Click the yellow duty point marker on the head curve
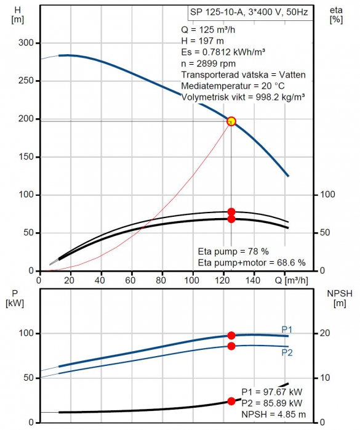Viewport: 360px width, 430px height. click(231, 121)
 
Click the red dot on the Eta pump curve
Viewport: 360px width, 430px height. click(231, 212)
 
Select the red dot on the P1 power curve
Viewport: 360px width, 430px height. click(231, 335)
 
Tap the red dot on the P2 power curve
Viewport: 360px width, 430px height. click(231, 346)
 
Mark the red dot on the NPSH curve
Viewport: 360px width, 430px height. click(231, 401)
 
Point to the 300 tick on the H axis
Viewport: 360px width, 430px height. click(26, 43)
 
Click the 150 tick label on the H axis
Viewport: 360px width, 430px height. click(26, 157)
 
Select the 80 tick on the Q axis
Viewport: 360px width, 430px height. click(161, 280)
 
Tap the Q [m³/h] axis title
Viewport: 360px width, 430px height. click(291, 280)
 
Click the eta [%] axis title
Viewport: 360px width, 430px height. click(336, 15)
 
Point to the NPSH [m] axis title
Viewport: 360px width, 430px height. click(340, 298)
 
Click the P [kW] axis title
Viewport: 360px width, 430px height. click(15, 298)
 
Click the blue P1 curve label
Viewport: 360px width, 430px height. click(287, 330)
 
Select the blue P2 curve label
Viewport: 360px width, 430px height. click(287, 352)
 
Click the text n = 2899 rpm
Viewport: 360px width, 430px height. click(208, 63)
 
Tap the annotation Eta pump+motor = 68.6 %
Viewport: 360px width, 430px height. click(252, 262)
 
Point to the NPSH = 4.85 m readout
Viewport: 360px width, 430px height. click(273, 415)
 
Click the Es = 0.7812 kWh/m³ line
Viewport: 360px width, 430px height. click(223, 52)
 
